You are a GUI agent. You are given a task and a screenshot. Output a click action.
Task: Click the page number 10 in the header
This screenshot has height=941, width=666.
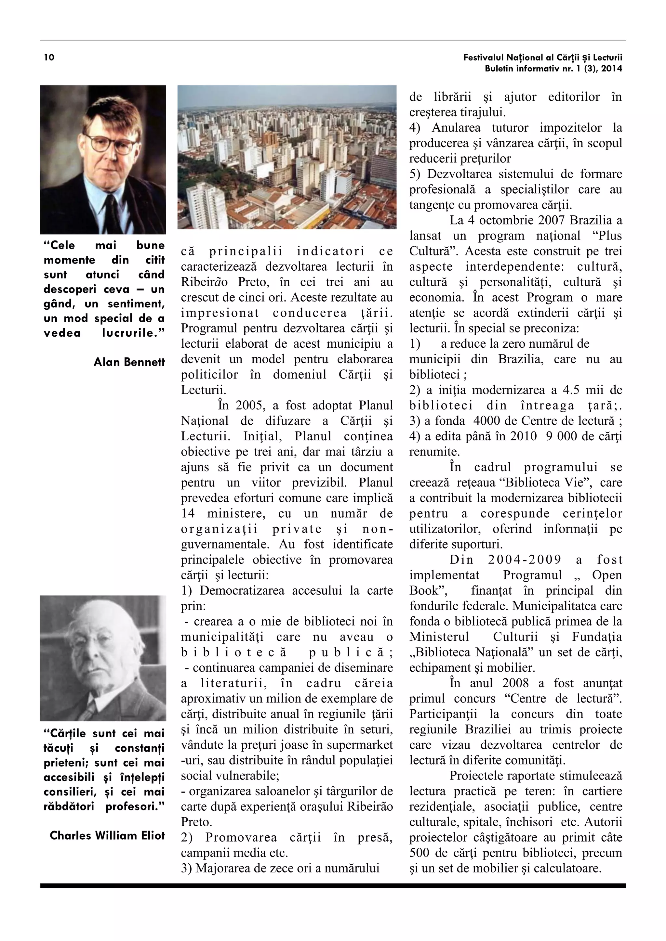pyautogui.click(x=49, y=58)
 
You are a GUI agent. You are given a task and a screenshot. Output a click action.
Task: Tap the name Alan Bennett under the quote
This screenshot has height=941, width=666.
pyautogui.click(x=129, y=362)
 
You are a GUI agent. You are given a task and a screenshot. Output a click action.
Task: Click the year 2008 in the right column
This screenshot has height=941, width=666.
pyautogui.click(x=515, y=683)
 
